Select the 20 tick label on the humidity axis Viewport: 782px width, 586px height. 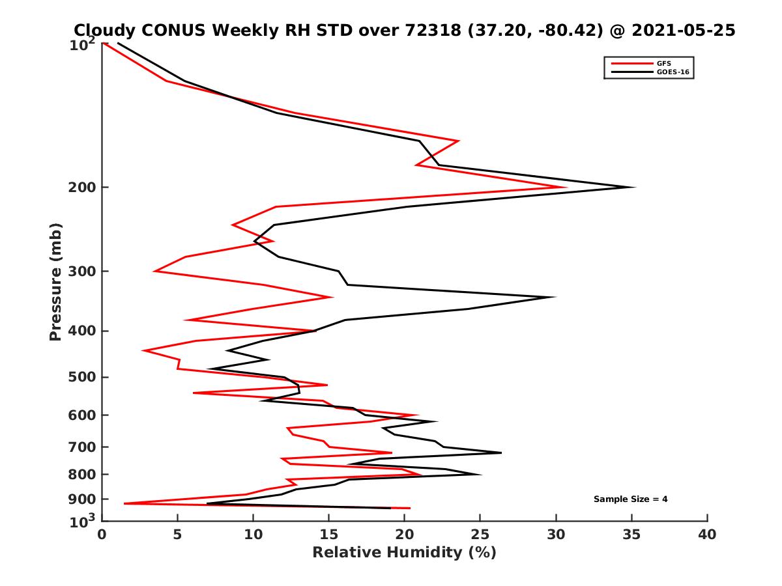click(405, 535)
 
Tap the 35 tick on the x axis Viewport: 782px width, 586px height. click(631, 535)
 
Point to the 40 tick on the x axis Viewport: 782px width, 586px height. click(707, 535)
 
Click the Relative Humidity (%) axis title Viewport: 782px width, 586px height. click(405, 553)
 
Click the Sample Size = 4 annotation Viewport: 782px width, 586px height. click(630, 499)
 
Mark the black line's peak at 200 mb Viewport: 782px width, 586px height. click(634, 188)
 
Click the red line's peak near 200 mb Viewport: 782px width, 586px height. click(566, 188)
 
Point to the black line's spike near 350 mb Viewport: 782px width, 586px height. click(555, 298)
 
